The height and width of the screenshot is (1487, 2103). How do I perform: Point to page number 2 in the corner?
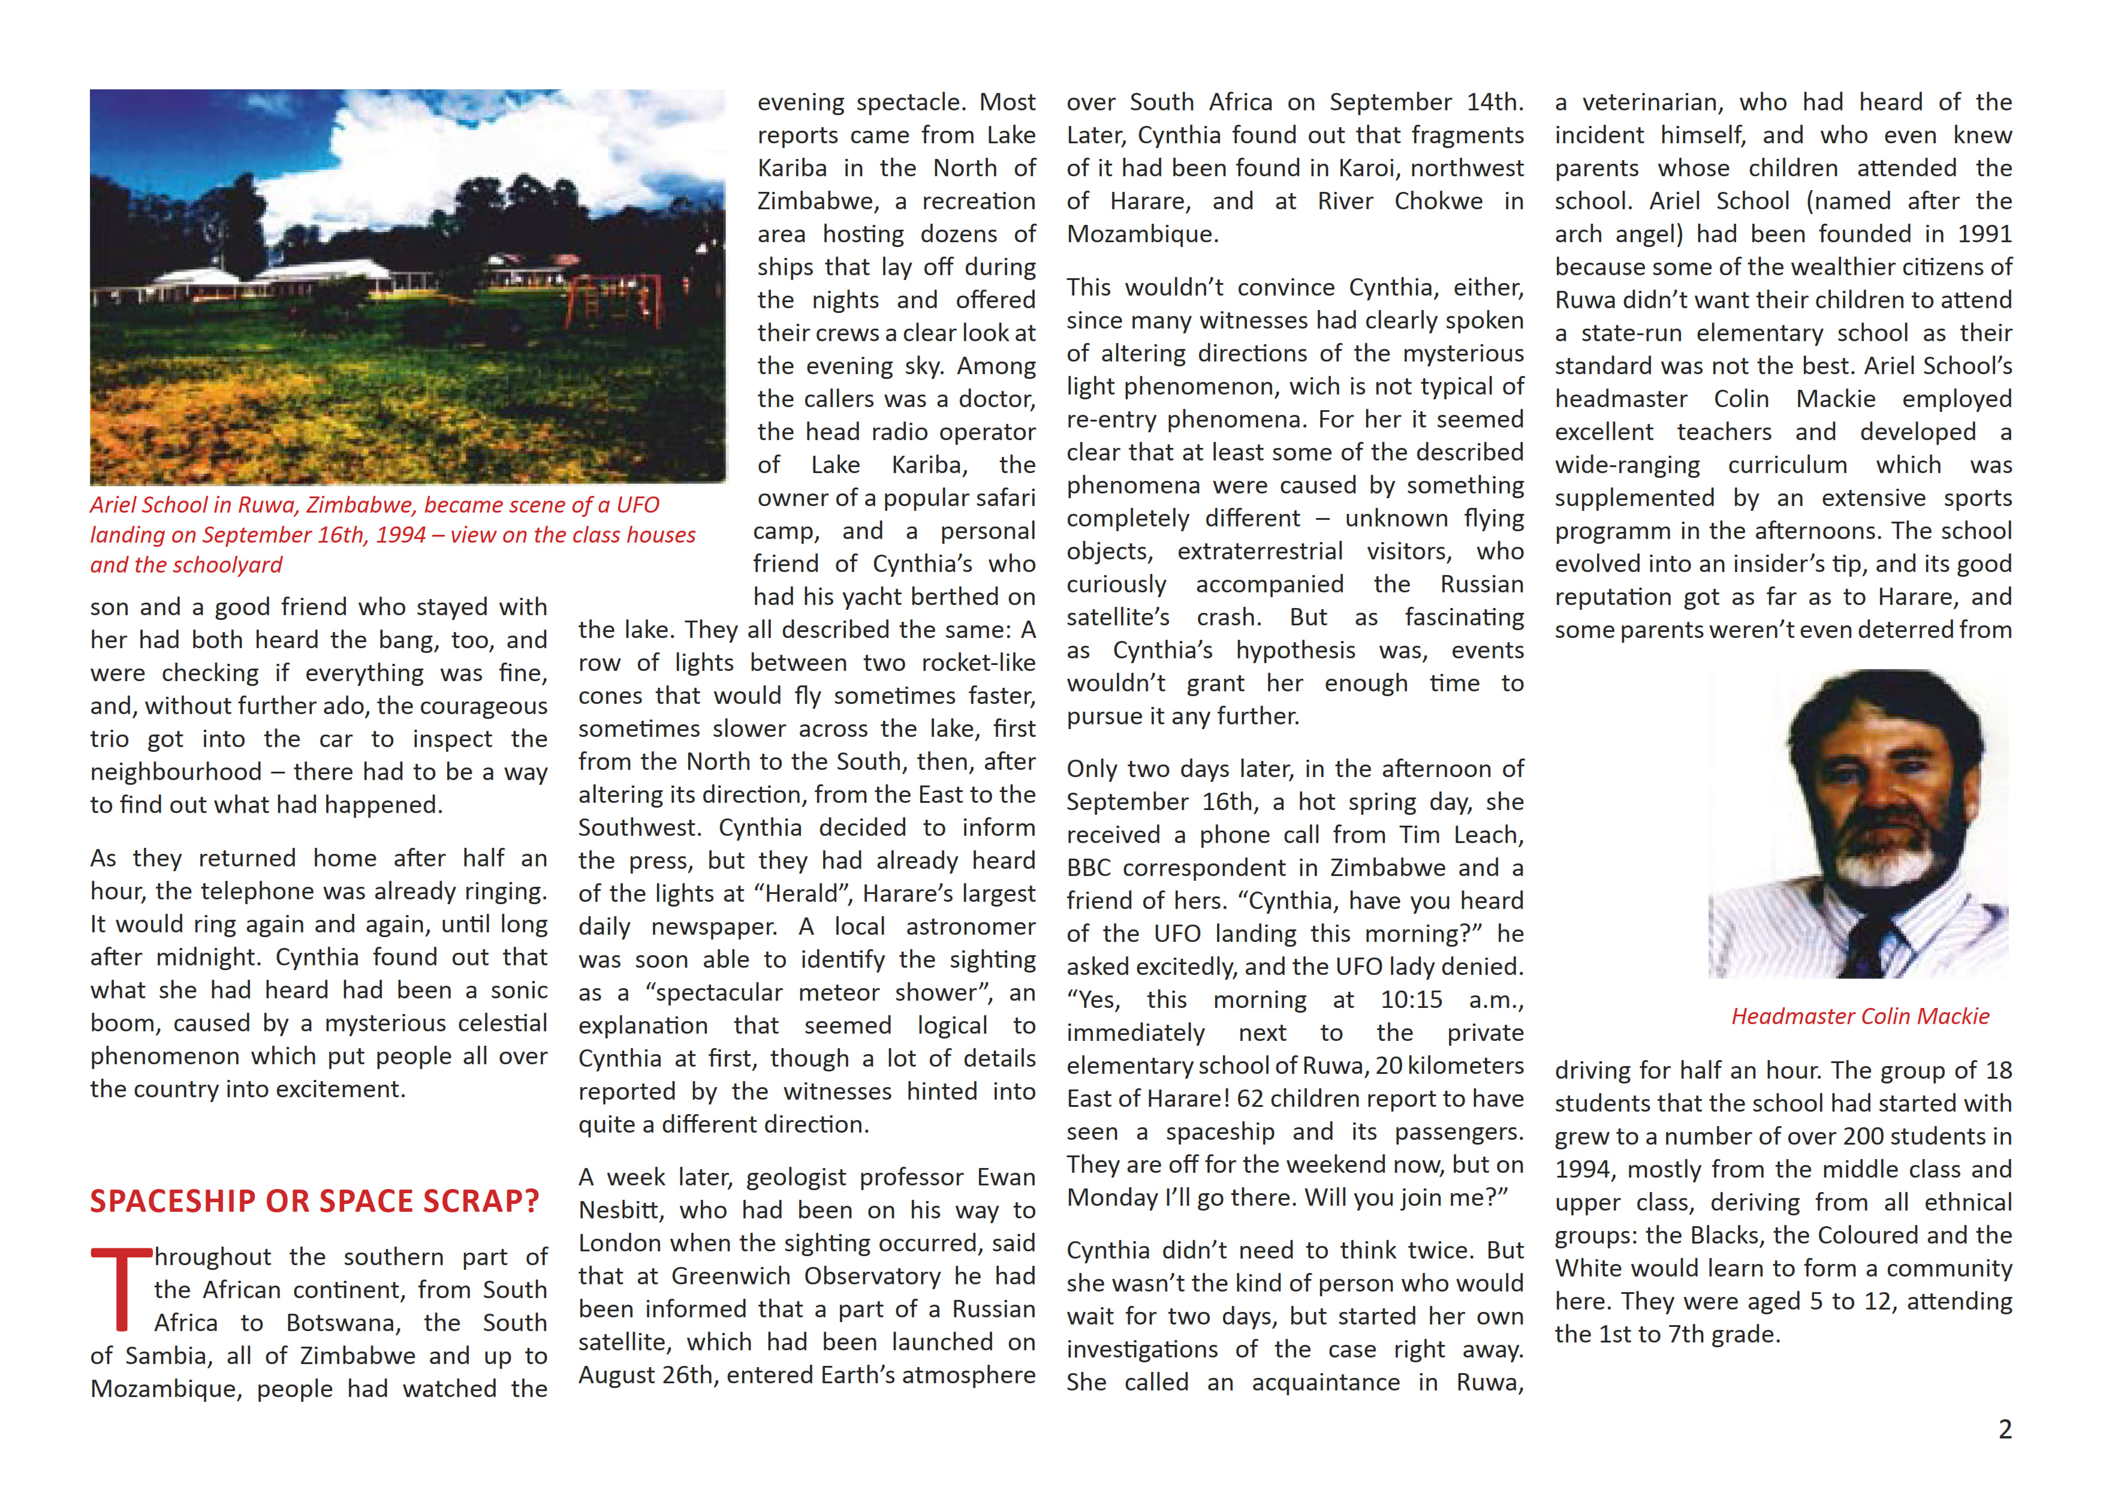pos(2004,1429)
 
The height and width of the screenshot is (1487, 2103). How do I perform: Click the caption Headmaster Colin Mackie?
pos(1860,1016)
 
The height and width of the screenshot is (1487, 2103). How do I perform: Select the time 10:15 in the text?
pos(1411,1000)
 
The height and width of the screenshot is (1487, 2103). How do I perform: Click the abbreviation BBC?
pos(1089,868)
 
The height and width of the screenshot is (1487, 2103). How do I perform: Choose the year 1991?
pos(1984,234)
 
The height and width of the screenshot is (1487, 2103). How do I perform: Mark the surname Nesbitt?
pos(619,1211)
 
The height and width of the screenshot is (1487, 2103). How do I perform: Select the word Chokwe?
pos(1438,201)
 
